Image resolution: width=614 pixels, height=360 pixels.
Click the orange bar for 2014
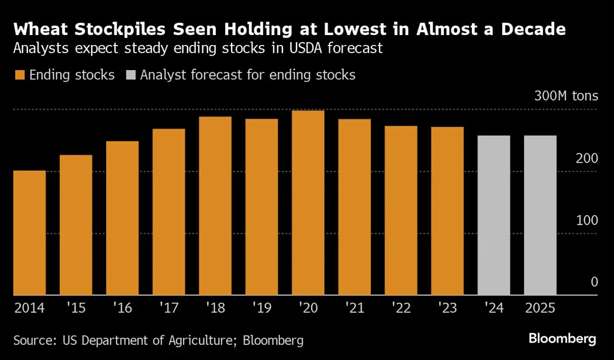29,233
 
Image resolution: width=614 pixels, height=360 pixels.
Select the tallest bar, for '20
308,203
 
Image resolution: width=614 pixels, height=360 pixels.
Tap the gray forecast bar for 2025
540,215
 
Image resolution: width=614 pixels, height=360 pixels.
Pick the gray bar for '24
494,215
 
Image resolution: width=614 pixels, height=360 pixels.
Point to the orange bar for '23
447,211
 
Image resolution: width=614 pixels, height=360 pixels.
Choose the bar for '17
168,212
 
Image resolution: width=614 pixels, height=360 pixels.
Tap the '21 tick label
354,307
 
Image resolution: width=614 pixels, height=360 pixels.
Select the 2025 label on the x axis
540,307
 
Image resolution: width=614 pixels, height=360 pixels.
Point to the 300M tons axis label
565,96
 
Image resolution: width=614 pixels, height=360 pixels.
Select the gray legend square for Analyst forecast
130,75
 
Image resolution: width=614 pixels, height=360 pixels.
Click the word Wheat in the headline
40,29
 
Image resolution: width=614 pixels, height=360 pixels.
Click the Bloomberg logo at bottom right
562,338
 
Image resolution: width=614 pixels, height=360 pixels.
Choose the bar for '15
75,225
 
